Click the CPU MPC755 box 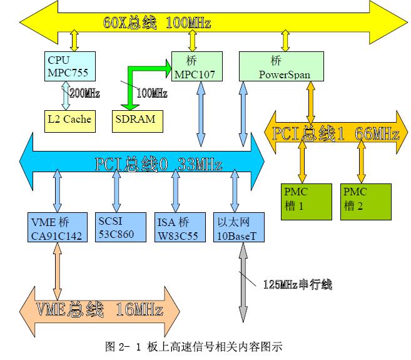(x=69, y=66)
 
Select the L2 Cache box (x=69, y=119)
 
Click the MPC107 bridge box (x=196, y=66)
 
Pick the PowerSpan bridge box (x=282, y=66)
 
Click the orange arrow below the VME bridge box (x=58, y=269)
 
